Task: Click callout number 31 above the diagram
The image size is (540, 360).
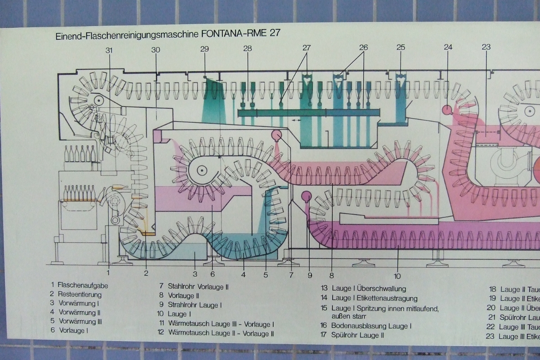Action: (109, 50)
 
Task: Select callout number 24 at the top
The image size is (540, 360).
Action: (448, 47)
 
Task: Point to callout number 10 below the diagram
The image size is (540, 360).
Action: (397, 276)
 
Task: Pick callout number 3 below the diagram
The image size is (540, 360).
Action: (195, 273)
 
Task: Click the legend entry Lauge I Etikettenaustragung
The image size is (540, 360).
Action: (374, 298)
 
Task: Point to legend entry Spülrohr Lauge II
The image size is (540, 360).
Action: (357, 335)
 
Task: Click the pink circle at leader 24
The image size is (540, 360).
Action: (447, 109)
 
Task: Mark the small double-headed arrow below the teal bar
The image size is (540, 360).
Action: (295, 121)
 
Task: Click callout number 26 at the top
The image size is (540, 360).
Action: (363, 47)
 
